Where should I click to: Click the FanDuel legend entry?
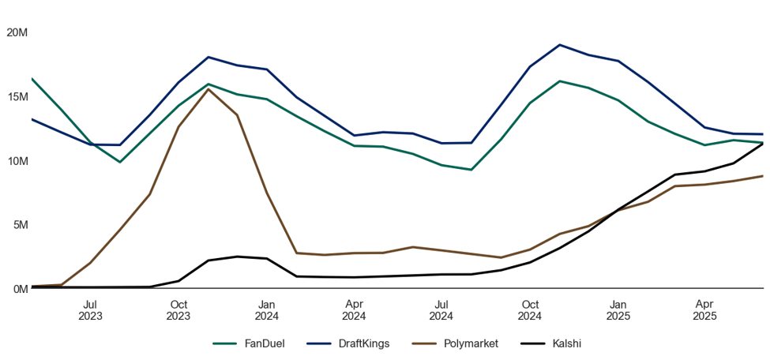pos(249,343)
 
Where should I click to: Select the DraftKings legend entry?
pos(347,343)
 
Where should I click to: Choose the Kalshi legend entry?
pos(550,343)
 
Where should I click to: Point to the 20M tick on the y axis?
pos(17,32)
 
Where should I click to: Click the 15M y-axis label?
pos(17,96)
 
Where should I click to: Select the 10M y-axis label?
pos(17,160)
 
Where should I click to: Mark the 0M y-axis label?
pos(20,289)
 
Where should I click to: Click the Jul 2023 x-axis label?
pos(90,310)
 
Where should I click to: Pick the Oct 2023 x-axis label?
pos(178,310)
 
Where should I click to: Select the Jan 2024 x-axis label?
pos(267,310)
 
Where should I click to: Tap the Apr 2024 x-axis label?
pos(354,310)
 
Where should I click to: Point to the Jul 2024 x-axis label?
pos(442,310)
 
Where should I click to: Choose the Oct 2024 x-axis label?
pos(530,310)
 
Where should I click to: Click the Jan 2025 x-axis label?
pos(618,310)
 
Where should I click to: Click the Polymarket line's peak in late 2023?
pos(208,89)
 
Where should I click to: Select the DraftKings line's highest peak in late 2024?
pos(559,45)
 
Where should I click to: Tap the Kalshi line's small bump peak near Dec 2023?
pos(238,257)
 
